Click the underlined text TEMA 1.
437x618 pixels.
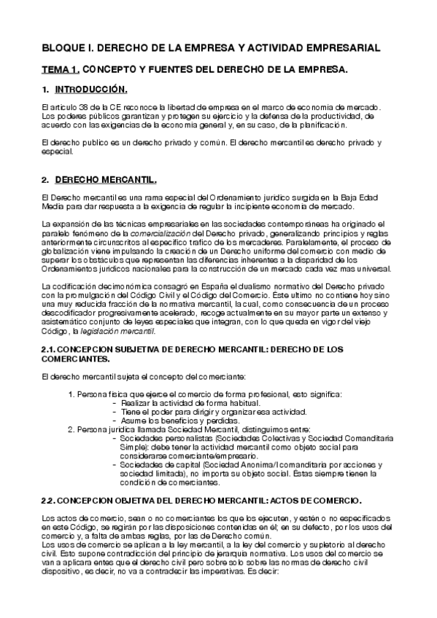pyautogui.click(x=59, y=70)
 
